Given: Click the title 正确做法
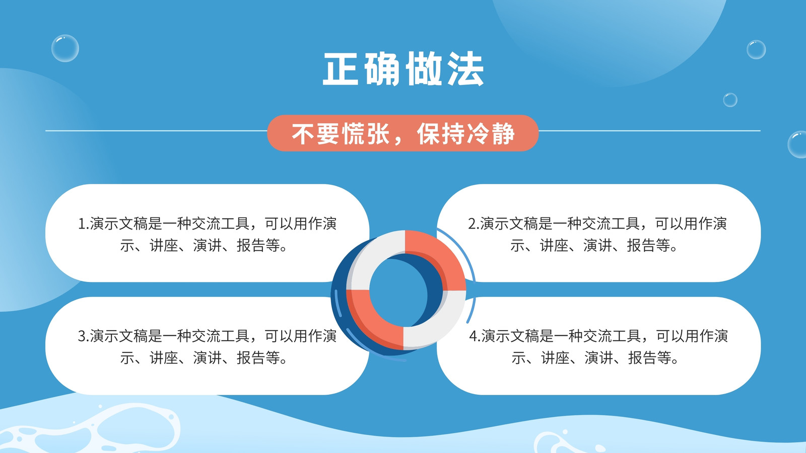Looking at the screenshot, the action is [403, 68].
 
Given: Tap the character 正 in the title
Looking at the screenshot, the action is [341, 69].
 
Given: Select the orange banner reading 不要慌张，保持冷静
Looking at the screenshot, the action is [402, 133].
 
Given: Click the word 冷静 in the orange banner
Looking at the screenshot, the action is [491, 133].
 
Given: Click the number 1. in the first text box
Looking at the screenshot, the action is [84, 223].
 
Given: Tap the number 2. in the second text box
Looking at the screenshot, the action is [474, 223].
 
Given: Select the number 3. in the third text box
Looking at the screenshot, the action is [84, 336].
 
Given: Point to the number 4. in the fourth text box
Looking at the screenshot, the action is [475, 336].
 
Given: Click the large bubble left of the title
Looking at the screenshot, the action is [65, 48].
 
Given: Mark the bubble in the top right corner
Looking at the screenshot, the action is [756, 50].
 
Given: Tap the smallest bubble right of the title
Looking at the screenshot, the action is [730, 100].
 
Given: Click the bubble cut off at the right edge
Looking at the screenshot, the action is [797, 144].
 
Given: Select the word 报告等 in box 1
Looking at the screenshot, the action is [258, 246].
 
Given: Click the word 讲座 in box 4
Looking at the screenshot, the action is [556, 358].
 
